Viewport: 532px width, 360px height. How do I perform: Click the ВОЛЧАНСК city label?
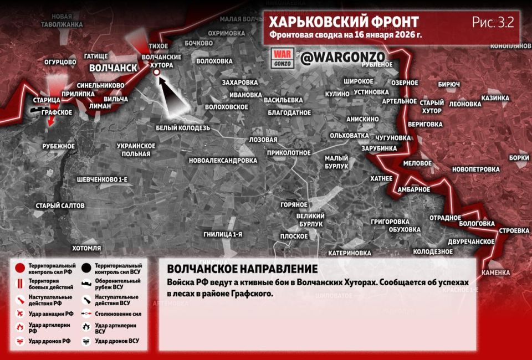click(113, 68)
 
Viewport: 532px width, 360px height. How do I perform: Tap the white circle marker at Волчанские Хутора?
click(156, 72)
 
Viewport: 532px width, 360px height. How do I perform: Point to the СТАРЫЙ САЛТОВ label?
click(60, 205)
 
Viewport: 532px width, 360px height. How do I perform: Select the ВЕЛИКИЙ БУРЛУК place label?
click(310, 220)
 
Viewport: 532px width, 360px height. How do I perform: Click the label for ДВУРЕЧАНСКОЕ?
click(471, 241)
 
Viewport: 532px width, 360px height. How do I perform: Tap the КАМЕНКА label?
click(495, 272)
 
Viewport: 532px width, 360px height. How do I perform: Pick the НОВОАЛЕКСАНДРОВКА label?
click(223, 161)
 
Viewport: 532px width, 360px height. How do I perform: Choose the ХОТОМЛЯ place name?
click(86, 248)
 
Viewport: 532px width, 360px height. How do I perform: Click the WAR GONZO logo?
click(282, 57)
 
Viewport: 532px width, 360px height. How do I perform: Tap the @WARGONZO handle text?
click(343, 56)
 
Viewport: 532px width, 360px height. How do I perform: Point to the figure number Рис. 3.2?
click(493, 23)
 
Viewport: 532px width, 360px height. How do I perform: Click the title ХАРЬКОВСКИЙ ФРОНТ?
click(344, 22)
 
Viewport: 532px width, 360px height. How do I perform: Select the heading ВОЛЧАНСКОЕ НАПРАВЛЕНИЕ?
click(242, 269)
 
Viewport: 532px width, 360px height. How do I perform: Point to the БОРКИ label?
click(519, 157)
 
